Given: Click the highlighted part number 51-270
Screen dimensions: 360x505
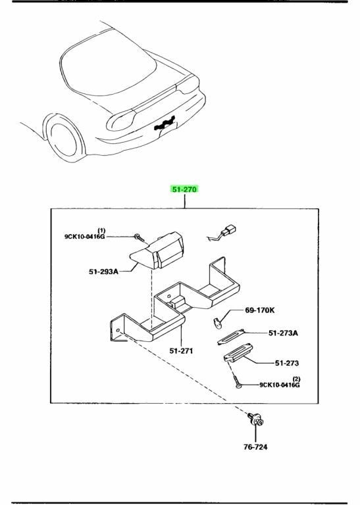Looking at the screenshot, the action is click(x=184, y=189).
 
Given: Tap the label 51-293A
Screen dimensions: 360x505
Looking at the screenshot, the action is click(x=103, y=272).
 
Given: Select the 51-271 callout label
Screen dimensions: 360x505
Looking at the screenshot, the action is click(x=181, y=350).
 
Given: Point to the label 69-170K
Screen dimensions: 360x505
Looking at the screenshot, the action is click(x=260, y=310).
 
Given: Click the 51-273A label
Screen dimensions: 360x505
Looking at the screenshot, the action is click(x=283, y=333).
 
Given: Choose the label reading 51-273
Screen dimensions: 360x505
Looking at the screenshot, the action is click(x=287, y=363).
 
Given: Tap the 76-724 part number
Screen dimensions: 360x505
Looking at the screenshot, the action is click(x=255, y=447).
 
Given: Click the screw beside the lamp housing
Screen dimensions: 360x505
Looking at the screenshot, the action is click(x=140, y=238).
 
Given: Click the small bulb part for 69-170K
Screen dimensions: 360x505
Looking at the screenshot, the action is click(x=218, y=323).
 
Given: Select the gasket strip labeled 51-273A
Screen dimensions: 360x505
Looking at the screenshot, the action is click(x=231, y=337).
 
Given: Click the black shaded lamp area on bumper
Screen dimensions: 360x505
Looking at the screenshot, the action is click(x=165, y=124).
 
